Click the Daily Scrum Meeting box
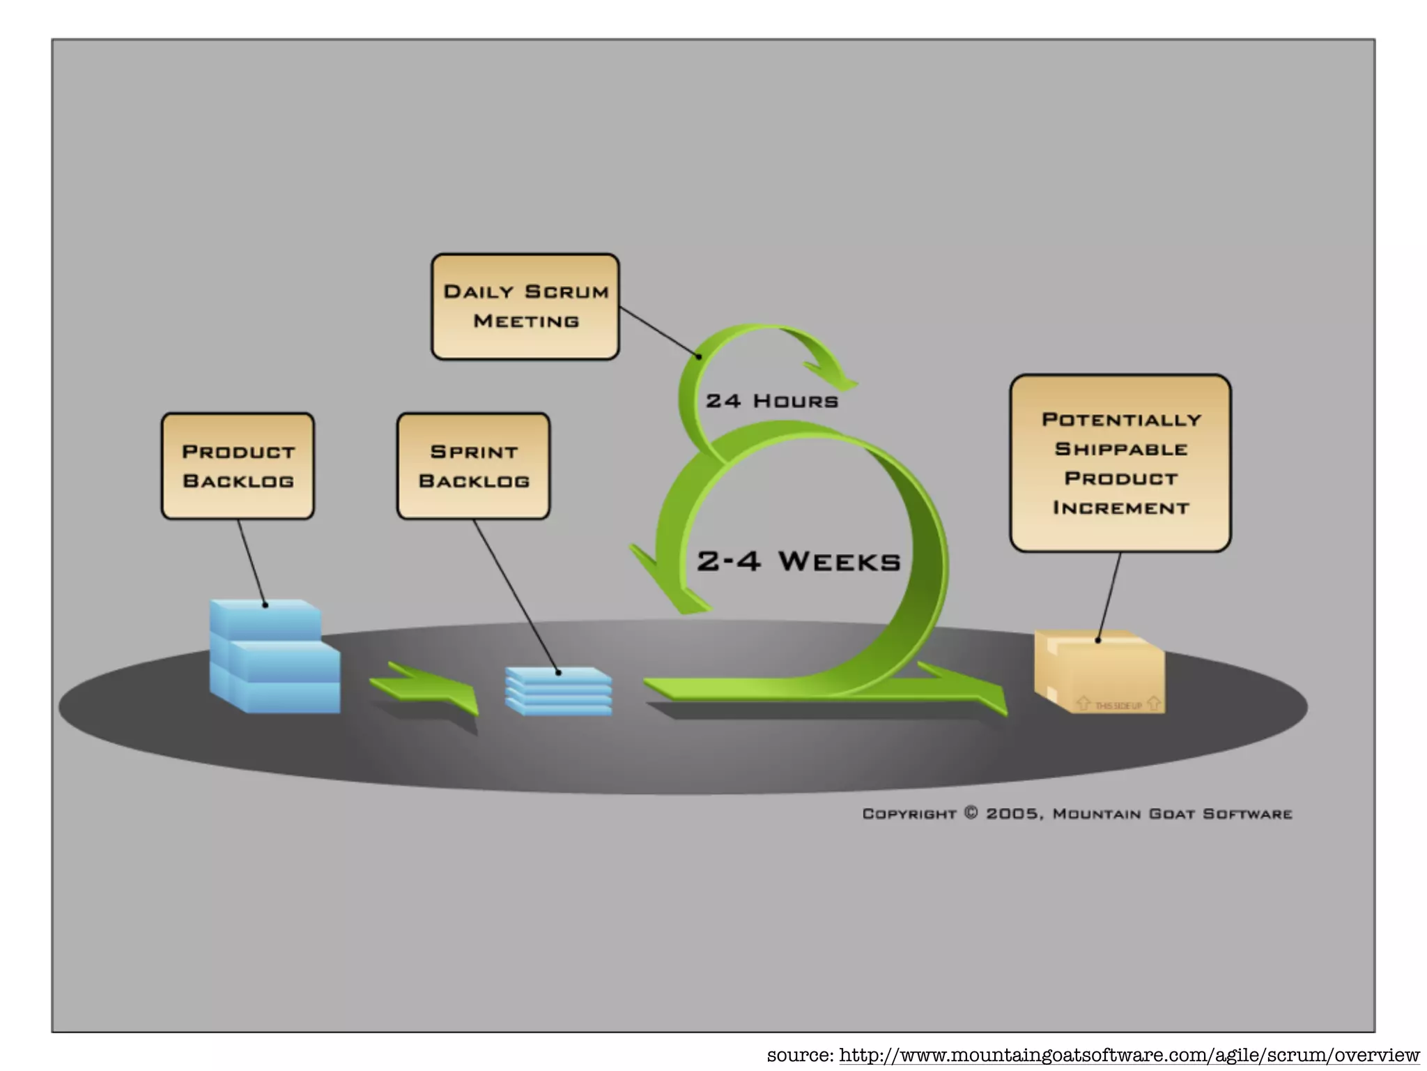(525, 307)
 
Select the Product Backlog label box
(238, 466)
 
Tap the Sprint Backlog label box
(473, 466)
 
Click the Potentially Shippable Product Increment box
(1120, 463)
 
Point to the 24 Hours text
(772, 401)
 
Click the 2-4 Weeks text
(799, 561)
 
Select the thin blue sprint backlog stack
(559, 692)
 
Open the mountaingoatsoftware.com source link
(1129, 1055)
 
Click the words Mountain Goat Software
(1172, 814)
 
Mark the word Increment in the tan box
(1120, 508)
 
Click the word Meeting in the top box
(526, 321)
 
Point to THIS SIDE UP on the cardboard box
(1118, 706)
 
